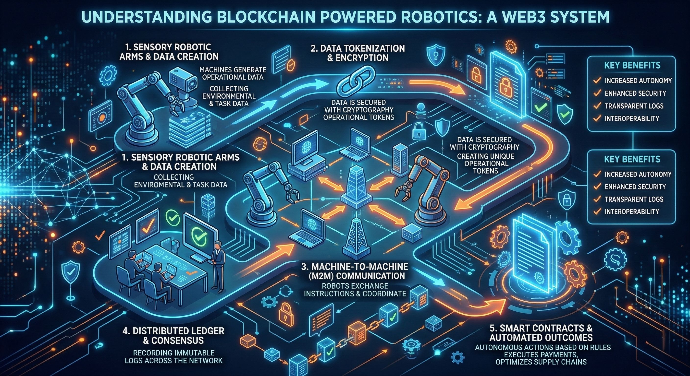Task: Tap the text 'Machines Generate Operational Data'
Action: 233,73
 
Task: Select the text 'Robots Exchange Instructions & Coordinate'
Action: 355,290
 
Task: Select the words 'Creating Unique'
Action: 486,156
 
